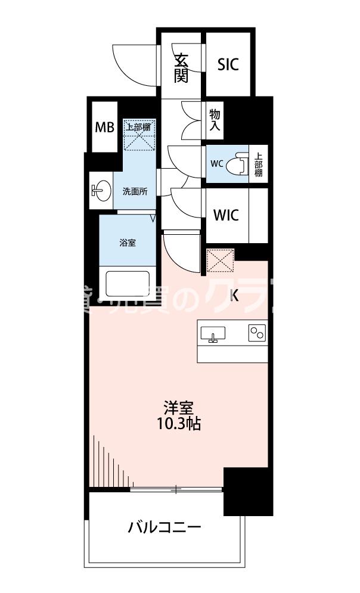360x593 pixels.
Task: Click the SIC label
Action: tap(228, 64)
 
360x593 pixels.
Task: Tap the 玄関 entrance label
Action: tap(181, 68)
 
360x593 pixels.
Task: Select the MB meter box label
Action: tap(104, 127)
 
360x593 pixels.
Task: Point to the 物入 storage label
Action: tap(215, 120)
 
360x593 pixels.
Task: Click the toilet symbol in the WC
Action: tap(239, 163)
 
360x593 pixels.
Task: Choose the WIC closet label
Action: tap(226, 215)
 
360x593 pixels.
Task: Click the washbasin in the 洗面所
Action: tap(101, 191)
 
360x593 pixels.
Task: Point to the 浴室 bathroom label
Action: tap(128, 243)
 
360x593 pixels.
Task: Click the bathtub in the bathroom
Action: tap(128, 283)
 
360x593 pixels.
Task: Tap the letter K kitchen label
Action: tap(234, 295)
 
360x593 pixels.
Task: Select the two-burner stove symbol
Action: tap(257, 333)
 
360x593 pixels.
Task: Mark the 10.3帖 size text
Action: tap(179, 424)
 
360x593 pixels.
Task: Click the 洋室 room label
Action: tap(179, 408)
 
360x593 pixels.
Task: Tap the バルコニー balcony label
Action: tap(165, 528)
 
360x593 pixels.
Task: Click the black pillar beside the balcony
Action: tap(248, 491)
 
